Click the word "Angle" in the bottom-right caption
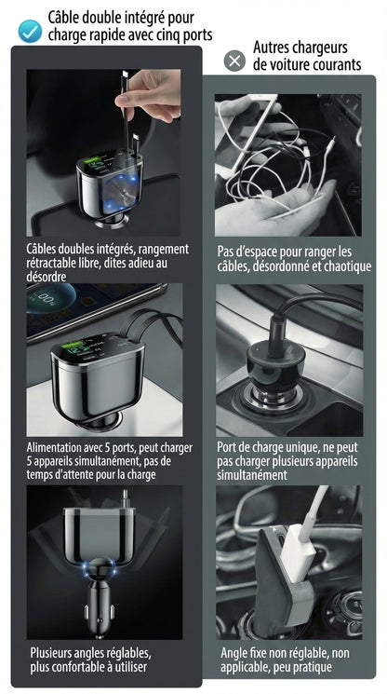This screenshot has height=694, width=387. [236, 653]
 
